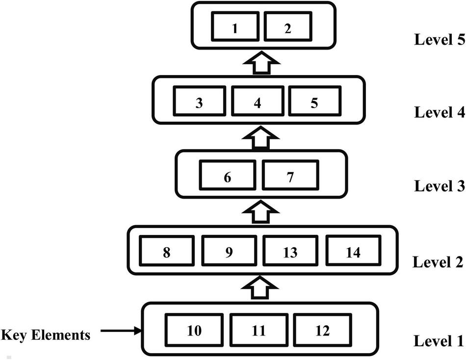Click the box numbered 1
pos(235,27)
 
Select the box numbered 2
pos(287,27)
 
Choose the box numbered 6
pos(228,177)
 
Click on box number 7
pos(290,177)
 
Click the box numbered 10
pos(194,331)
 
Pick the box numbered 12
pos(322,331)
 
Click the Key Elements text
pos(46,335)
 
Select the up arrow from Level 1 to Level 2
pos(259,287)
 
